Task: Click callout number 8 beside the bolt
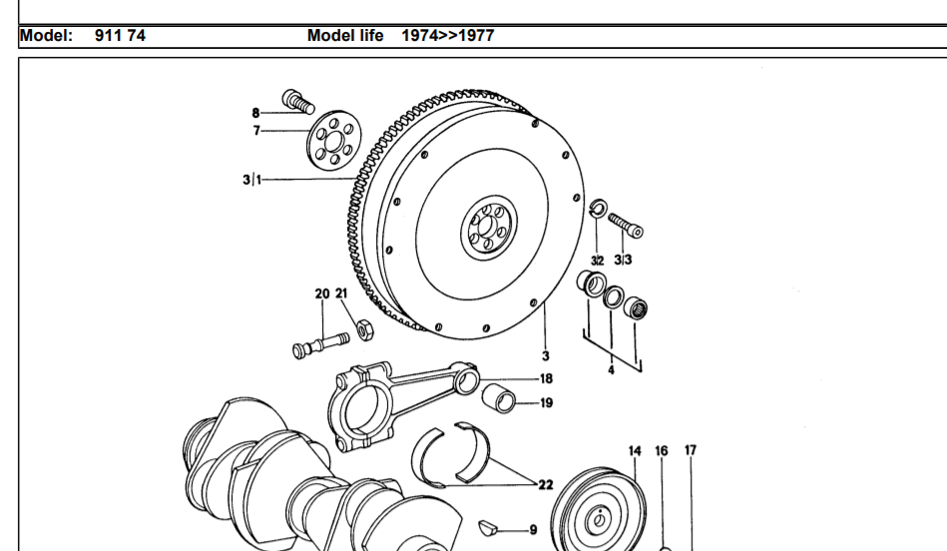pos(255,112)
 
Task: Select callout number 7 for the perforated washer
pos(256,131)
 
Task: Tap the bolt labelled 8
pos(296,100)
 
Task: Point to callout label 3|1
pos(250,181)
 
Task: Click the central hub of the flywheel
pos(489,233)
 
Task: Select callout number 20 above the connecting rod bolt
pos(321,294)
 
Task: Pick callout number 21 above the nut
pos(341,294)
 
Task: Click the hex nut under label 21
pos(364,326)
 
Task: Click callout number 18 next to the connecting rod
pos(546,378)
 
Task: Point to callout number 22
pos(546,485)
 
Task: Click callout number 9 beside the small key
pos(533,530)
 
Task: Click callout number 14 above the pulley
pos(635,451)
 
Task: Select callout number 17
pos(691,451)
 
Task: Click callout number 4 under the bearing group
pos(612,369)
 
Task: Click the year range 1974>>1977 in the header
pos(447,36)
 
